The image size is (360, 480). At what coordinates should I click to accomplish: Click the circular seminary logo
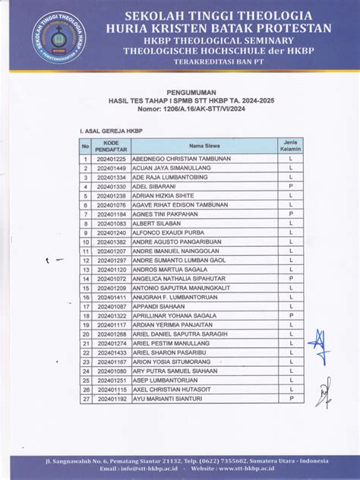click(56, 38)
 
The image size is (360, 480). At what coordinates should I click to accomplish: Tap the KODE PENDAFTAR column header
click(112, 146)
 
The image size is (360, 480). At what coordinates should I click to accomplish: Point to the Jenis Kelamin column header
click(290, 146)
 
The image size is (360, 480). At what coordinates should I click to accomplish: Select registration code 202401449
click(112, 168)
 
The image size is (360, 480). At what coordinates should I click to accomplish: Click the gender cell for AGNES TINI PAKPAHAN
click(290, 214)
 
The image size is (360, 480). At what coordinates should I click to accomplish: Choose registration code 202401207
click(112, 251)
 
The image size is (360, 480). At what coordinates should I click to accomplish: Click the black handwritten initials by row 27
click(324, 393)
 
